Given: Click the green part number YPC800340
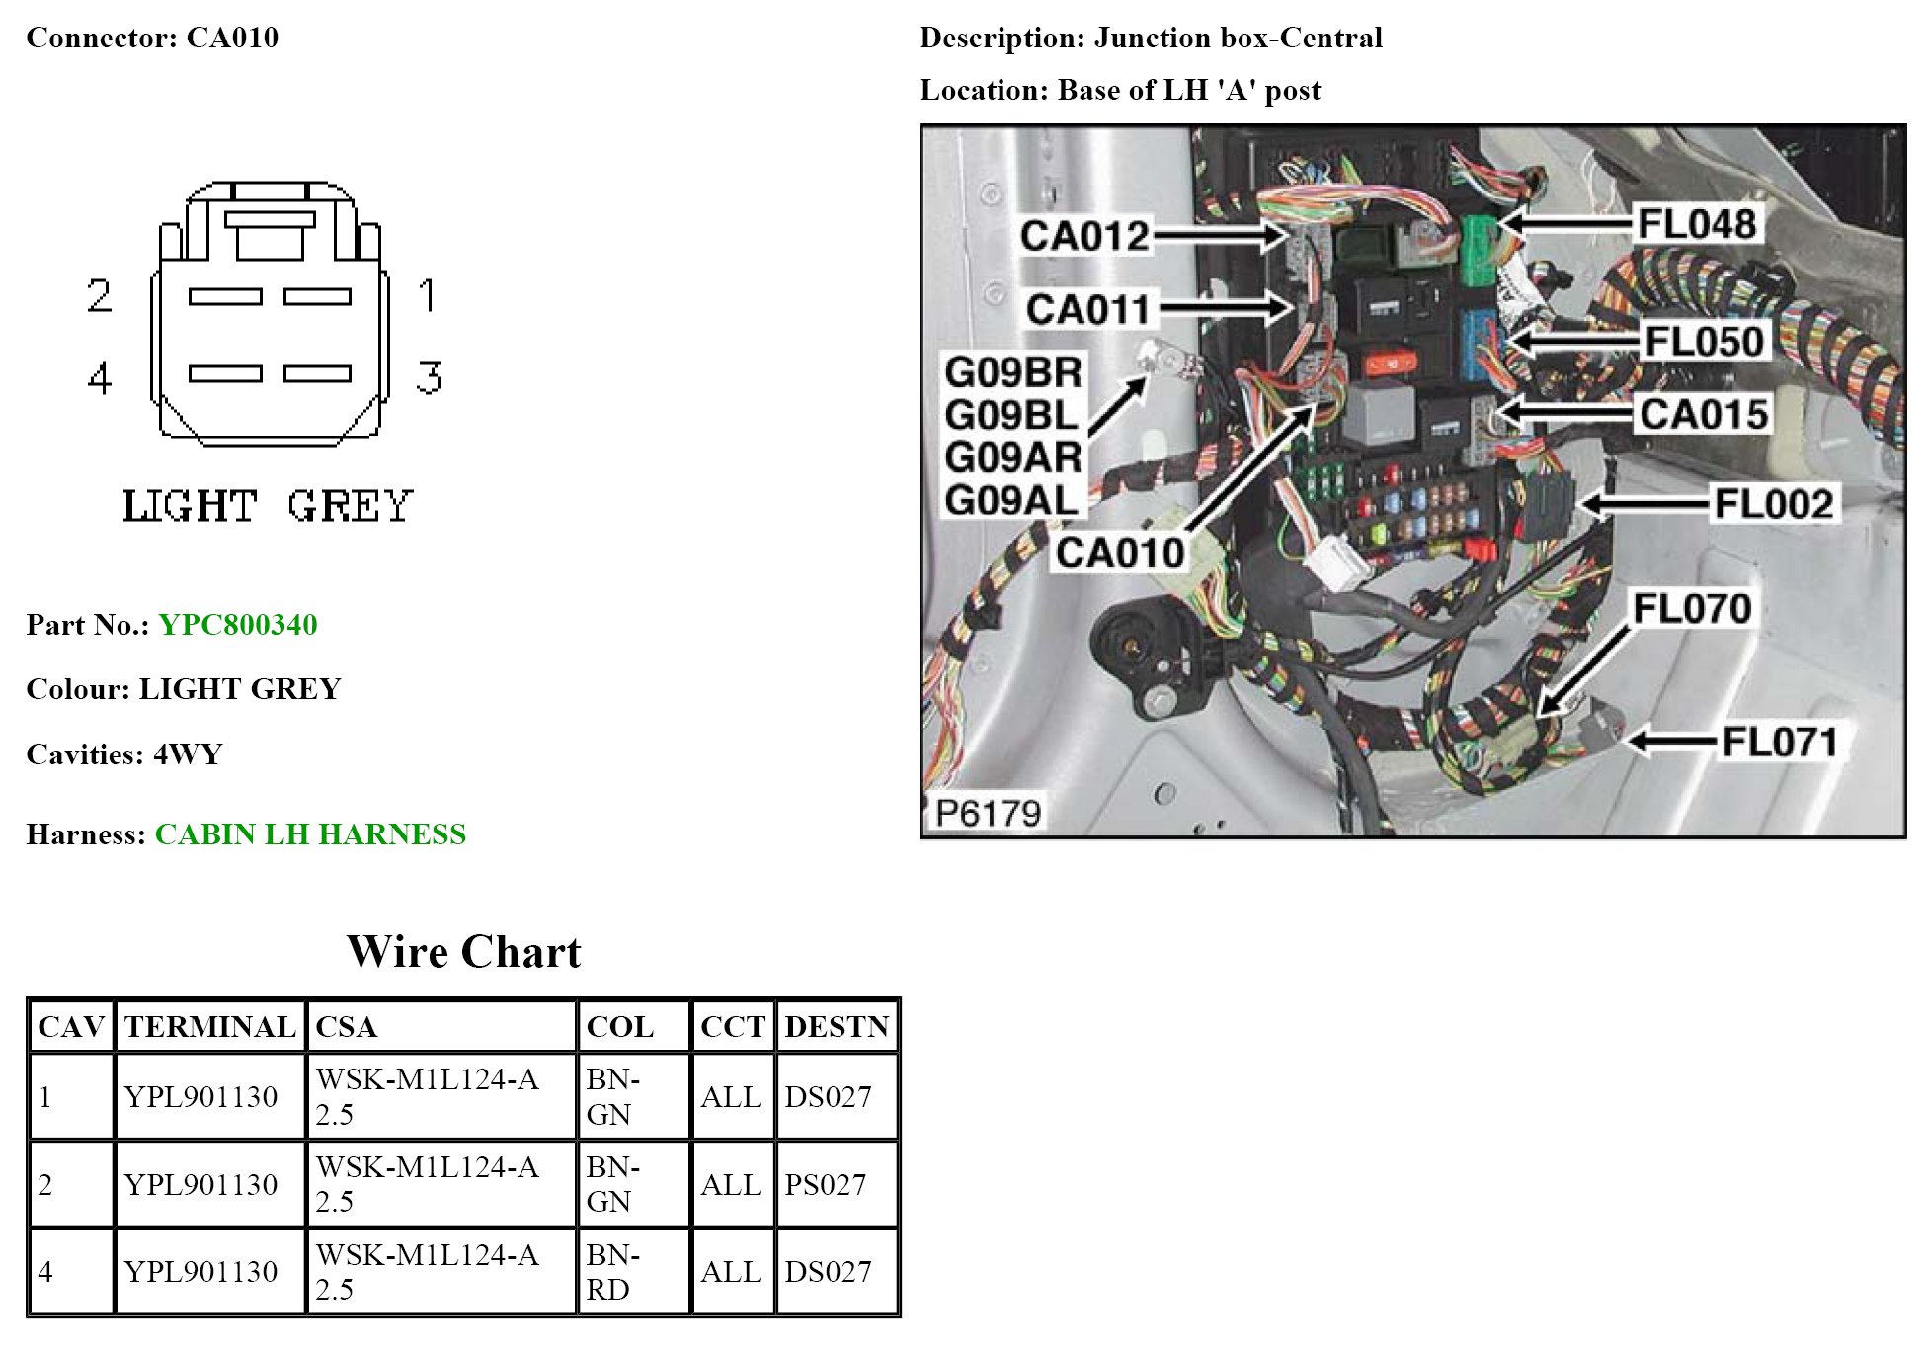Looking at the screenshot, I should (x=237, y=624).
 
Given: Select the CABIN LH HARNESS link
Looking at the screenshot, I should (x=310, y=833).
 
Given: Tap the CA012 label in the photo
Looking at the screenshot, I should (x=1084, y=236).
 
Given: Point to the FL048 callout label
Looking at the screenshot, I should (x=1696, y=224).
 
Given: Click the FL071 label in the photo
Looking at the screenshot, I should (x=1779, y=742).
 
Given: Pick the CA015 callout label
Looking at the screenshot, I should (x=1703, y=414).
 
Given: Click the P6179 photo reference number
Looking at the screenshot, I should (x=988, y=813).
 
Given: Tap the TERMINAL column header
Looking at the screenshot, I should (x=209, y=1026).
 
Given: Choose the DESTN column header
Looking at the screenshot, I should (x=837, y=1026).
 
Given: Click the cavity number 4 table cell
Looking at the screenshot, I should (x=45, y=1271).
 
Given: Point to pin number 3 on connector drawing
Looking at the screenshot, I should (x=428, y=377).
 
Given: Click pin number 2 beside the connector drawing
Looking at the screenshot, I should (x=99, y=295).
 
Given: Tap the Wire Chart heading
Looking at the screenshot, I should (x=463, y=951).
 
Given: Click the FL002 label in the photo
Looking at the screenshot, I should (x=1773, y=504).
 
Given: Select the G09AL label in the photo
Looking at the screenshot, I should (x=1011, y=500).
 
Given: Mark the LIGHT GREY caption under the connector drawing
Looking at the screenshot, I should (x=267, y=507).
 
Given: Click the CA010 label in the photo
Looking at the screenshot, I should (x=1119, y=552).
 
